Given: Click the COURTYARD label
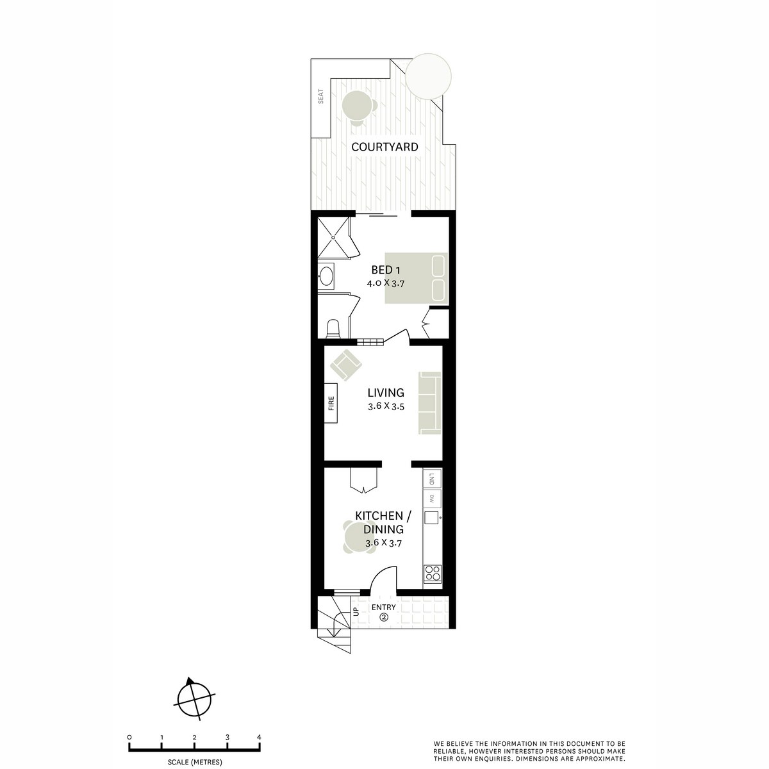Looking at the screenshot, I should point(384,147).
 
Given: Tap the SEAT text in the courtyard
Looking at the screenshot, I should point(321,97).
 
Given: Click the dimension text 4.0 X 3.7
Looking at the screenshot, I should point(386,283).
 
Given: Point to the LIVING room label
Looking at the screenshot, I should point(386,393).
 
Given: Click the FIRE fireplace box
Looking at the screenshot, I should point(331,403).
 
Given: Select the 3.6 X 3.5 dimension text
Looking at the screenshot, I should point(386,406).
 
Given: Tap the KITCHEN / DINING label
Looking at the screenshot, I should point(384,523).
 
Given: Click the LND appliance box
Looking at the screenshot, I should point(432,478).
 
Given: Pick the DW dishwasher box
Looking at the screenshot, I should point(432,499).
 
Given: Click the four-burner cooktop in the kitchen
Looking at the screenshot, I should point(433,572).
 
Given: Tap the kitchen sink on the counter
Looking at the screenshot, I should point(432,518).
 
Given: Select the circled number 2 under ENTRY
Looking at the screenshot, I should point(384,618).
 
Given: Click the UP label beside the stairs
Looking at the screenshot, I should point(356,611).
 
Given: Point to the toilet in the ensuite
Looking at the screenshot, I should point(333,329).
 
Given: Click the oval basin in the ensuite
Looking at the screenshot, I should point(326,277).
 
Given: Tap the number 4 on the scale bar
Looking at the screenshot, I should point(259,737).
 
